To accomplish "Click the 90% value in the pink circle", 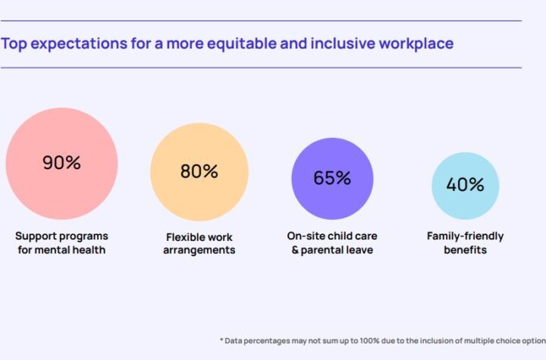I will point(61,163).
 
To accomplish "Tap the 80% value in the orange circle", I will point(199,171).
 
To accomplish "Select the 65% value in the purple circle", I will point(332,178).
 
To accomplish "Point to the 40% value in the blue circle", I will point(465,185).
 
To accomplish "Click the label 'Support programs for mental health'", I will point(62,243).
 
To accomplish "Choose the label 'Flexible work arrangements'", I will point(199,243).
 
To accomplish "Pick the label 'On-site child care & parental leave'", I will point(332,243).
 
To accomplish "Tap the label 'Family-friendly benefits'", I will point(465,243).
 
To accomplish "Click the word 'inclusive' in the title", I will point(338,43).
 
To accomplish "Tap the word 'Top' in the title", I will point(15,43).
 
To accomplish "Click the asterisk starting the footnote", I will point(221,340).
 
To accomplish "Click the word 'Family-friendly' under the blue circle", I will point(465,236).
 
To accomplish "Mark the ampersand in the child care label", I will point(296,249).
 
